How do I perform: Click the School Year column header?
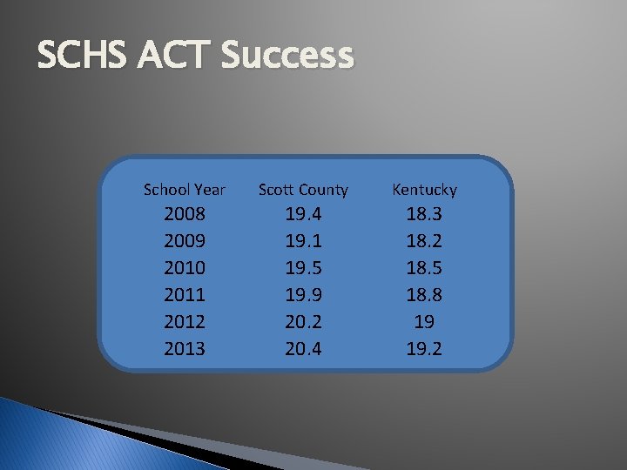coord(185,189)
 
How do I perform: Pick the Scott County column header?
coord(303,189)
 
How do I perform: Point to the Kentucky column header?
coord(424,189)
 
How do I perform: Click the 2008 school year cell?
coord(185,214)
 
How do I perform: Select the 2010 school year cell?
coord(185,268)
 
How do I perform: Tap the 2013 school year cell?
coord(185,349)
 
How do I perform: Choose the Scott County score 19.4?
coord(303,214)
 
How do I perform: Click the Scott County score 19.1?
coord(303,241)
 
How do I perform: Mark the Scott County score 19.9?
coord(303,295)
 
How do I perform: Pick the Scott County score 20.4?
coord(303,349)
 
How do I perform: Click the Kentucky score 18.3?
coord(424,214)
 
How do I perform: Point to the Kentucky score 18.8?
coord(424,295)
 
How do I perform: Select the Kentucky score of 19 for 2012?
coord(424,322)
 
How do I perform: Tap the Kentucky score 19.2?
coord(424,349)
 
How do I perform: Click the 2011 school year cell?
coord(185,295)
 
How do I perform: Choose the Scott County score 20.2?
coord(303,322)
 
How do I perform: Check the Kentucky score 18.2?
coord(424,241)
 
